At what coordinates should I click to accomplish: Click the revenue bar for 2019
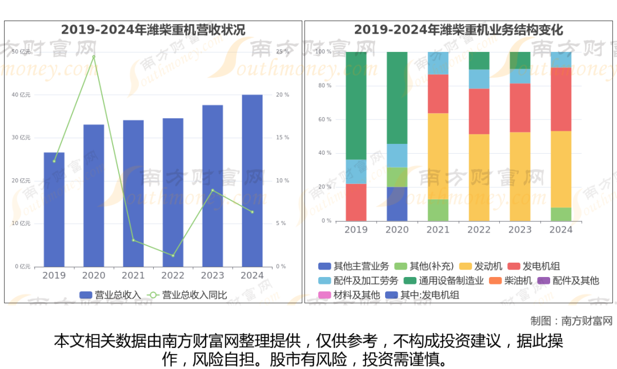coord(54,209)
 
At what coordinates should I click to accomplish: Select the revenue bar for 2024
coord(252,181)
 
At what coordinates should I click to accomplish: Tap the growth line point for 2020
coord(94,57)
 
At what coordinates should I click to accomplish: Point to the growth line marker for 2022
coord(173,255)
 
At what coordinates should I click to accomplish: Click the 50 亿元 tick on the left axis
coord(22,52)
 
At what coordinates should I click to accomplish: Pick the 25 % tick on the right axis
coord(282,52)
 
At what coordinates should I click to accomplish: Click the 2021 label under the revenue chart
coord(133,275)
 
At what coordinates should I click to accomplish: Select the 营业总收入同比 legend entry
coord(188,295)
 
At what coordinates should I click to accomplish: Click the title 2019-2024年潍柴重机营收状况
coord(153,30)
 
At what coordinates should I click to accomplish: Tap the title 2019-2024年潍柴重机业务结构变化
coord(458,30)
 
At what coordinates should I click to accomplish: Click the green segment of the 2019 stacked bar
coord(356,106)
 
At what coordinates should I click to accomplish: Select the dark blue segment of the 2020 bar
coord(397,204)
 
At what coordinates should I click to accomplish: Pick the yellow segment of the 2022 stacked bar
coord(479,177)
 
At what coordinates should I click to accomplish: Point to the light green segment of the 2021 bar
coord(438,210)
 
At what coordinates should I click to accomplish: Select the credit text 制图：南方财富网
coord(571,320)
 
